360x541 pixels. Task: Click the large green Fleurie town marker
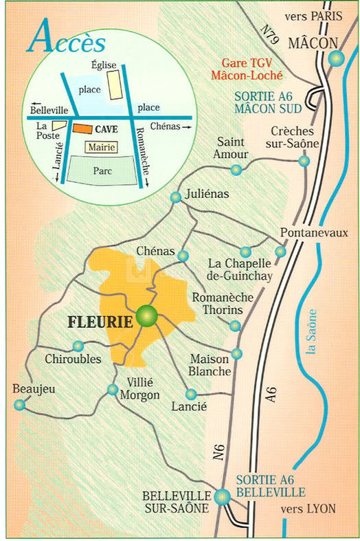click(x=147, y=316)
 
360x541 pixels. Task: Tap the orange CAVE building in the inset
click(x=82, y=129)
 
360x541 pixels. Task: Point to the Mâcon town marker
click(x=335, y=60)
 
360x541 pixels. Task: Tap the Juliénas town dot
click(x=176, y=197)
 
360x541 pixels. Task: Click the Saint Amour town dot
click(x=236, y=169)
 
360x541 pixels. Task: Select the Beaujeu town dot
click(x=20, y=405)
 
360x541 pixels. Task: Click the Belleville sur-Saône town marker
click(x=221, y=496)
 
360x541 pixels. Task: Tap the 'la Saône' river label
click(x=313, y=332)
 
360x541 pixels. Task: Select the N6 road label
click(x=218, y=452)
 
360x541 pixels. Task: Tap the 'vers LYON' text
click(x=308, y=509)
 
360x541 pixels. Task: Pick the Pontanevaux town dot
click(x=280, y=252)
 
